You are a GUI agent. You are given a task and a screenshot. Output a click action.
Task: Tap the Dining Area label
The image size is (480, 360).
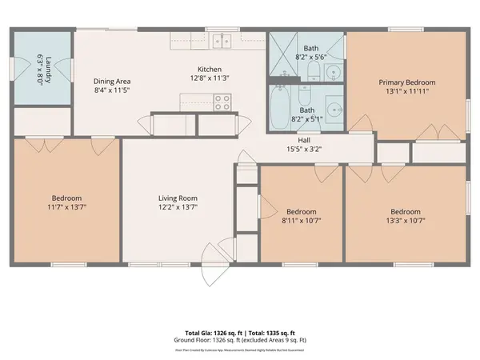click(x=112, y=81)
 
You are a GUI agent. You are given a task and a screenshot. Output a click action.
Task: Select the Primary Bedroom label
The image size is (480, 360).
click(x=407, y=82)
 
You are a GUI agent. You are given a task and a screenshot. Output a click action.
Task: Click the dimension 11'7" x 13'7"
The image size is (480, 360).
click(x=67, y=206)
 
